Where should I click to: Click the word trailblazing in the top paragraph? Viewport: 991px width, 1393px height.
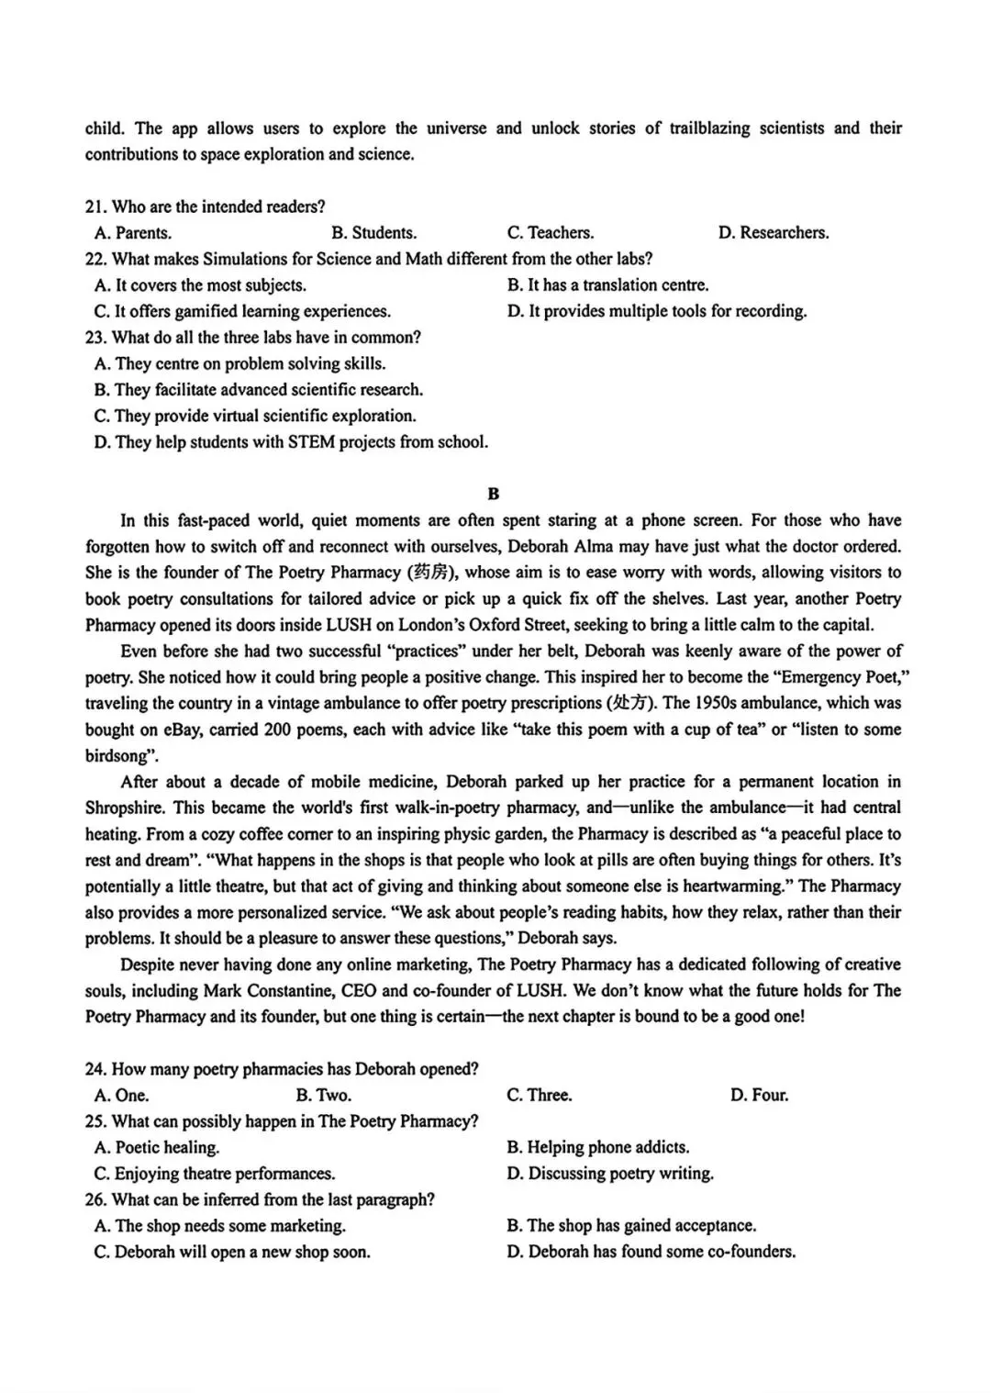708,128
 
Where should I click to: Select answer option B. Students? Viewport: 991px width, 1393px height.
373,233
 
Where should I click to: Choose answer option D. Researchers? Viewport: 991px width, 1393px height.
773,233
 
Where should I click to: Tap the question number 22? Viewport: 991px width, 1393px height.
95,260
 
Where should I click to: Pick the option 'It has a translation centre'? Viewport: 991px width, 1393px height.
607,285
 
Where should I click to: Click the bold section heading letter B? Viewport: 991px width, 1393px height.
494,495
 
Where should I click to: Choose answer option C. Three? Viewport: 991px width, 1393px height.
539,1096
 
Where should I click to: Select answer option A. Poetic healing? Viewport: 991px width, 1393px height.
157,1148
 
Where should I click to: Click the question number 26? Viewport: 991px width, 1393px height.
95,1200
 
